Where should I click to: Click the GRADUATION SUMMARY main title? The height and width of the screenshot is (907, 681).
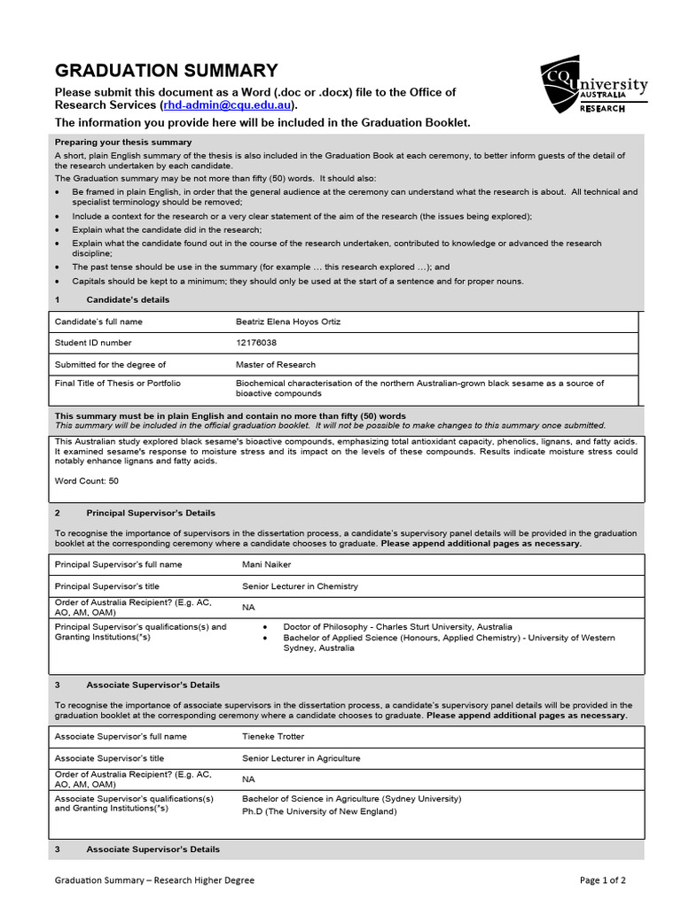[166, 71]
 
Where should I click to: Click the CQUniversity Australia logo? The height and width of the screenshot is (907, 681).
[593, 86]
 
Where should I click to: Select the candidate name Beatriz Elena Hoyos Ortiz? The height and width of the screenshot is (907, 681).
[287, 322]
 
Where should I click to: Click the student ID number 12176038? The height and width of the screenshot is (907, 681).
[255, 343]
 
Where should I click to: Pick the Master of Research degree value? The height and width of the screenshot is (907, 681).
[275, 364]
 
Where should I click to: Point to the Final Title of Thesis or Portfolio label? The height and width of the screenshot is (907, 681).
[117, 384]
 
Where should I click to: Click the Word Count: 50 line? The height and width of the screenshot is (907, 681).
[86, 481]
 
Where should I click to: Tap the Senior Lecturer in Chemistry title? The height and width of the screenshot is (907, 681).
[300, 586]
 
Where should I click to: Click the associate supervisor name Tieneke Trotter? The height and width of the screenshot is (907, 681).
[273, 736]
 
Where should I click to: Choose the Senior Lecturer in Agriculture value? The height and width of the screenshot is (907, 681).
[301, 758]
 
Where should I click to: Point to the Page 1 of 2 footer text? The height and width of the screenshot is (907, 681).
[603, 880]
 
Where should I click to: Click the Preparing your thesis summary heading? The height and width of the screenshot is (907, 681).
[123, 142]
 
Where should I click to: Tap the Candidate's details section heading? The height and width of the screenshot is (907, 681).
[127, 299]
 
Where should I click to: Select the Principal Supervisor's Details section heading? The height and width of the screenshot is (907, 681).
[150, 513]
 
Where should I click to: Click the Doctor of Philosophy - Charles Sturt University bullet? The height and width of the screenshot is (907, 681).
[397, 626]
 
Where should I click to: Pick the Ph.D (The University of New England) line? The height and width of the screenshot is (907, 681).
[319, 810]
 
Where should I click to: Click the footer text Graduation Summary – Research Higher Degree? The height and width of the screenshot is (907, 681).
[154, 880]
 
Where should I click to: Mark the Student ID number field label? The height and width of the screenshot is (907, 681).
[93, 343]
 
